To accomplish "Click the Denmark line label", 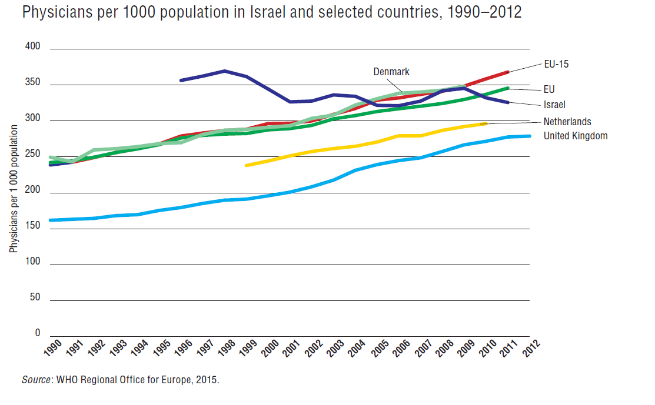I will [391, 72].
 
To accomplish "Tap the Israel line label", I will [554, 105].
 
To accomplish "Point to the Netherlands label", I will [567, 122].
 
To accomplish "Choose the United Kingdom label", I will [576, 136].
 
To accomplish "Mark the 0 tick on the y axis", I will [37, 333].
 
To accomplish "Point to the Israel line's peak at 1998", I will [224, 71].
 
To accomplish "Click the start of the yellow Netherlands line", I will [247, 165].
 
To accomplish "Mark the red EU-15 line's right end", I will [507, 72].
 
